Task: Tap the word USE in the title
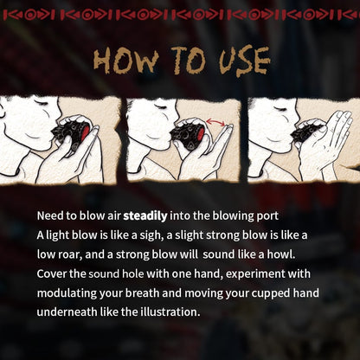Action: pyautogui.click(x=237, y=62)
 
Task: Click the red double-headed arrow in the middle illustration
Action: pyautogui.click(x=221, y=125)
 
